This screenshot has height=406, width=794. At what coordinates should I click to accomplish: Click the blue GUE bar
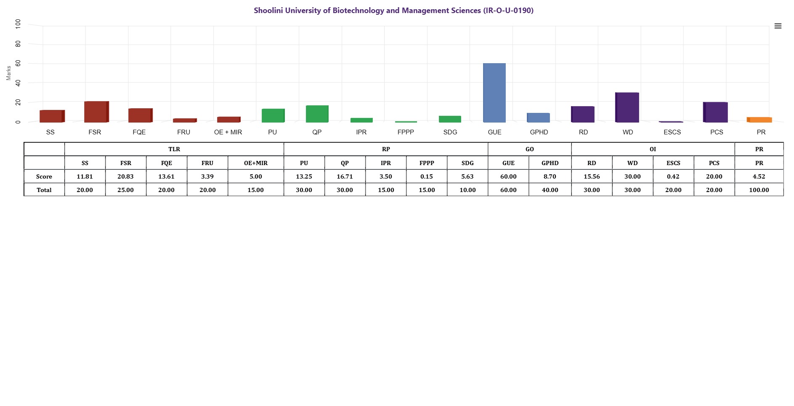494,93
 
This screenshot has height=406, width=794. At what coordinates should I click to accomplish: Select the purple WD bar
627,107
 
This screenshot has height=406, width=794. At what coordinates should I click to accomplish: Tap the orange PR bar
759,120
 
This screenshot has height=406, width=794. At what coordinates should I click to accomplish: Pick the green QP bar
317,114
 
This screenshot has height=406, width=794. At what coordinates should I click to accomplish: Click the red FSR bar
96,112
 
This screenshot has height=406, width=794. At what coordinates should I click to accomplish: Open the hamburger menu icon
778,26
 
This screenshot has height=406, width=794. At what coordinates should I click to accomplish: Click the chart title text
393,11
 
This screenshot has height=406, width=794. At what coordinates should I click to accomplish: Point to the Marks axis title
8,73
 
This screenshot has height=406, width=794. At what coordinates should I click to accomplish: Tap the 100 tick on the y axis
18,24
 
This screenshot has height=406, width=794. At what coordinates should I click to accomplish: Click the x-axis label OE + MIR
228,132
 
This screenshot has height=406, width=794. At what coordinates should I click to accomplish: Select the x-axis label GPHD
539,132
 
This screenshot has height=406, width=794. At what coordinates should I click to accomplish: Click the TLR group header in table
174,149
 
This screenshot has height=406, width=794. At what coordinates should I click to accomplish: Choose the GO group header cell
529,149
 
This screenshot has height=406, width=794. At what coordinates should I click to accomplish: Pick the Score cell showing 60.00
508,176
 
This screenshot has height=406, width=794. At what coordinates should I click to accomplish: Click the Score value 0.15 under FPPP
427,176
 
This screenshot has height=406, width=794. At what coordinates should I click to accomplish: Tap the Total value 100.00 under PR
759,190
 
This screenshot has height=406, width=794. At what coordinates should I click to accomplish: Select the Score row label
44,176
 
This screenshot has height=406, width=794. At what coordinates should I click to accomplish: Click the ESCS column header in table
673,163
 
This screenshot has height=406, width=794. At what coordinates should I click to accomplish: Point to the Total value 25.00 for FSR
125,190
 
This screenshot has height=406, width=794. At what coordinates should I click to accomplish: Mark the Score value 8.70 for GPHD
550,176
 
